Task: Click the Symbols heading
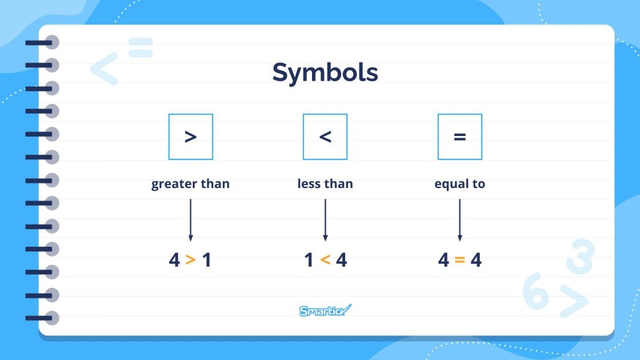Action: (x=325, y=73)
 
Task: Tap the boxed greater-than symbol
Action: (x=191, y=137)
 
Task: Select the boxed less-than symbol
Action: (x=325, y=137)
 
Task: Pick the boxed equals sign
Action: (x=459, y=137)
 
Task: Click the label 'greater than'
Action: (x=190, y=184)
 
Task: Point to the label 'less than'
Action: (x=325, y=184)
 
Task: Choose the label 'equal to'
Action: (x=459, y=184)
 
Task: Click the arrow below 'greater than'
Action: (x=191, y=219)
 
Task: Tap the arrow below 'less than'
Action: (x=325, y=219)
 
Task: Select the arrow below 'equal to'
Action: (x=459, y=219)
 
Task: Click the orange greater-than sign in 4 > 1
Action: (x=191, y=261)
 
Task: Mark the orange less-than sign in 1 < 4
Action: (x=325, y=261)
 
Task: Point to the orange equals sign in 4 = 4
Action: (x=459, y=261)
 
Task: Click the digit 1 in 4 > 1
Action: (x=207, y=261)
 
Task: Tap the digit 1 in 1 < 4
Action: (x=309, y=261)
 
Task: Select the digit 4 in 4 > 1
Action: (x=174, y=261)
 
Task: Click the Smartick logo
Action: (x=325, y=310)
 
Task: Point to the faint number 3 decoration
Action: (x=580, y=257)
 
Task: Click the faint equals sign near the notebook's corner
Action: (x=141, y=47)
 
